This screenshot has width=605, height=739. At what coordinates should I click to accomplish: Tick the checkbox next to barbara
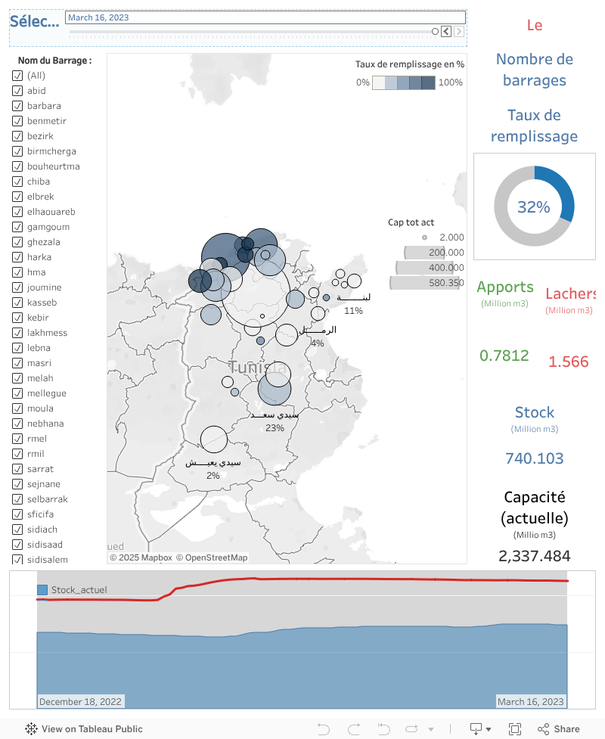[17, 106]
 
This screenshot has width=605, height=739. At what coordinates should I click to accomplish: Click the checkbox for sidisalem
[17, 560]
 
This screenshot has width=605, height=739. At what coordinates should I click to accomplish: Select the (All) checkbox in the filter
[17, 76]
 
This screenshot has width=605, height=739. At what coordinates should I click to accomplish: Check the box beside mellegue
[17, 393]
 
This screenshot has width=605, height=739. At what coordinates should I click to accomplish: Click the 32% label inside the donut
[534, 206]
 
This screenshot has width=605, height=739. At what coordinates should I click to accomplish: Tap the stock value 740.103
[534, 458]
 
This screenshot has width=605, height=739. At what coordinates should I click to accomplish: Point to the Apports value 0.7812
[504, 356]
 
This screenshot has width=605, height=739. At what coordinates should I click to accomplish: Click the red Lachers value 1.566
[568, 362]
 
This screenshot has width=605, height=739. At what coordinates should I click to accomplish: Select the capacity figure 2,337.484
[534, 556]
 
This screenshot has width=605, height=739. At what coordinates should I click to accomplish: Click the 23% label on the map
[275, 428]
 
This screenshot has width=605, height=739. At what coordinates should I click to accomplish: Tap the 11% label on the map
[353, 311]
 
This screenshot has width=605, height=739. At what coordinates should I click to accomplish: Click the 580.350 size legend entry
[445, 282]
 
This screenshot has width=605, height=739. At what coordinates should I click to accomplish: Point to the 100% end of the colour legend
[450, 82]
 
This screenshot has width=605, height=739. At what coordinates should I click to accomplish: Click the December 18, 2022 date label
[81, 702]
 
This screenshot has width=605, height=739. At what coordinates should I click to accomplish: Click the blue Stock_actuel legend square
[42, 590]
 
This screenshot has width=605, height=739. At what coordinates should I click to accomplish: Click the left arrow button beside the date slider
[446, 31]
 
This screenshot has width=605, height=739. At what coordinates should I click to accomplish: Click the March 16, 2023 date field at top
[265, 17]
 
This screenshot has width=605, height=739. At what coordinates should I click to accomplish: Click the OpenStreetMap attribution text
[212, 557]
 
